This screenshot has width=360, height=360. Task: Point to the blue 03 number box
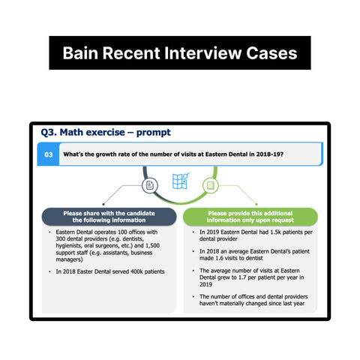pos(48,154)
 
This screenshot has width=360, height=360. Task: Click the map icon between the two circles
pos(180,182)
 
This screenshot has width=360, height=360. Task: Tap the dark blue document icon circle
pos(150,184)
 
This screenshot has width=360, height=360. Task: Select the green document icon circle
pos(211,184)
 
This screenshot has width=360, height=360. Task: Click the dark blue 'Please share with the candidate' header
pos(108,216)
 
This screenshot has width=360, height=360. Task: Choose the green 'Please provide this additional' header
pos(250,216)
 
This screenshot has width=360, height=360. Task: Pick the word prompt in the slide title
pos(153,132)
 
